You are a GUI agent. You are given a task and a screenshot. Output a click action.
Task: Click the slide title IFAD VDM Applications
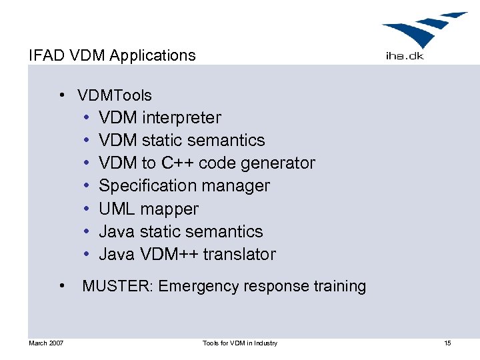coord(112,55)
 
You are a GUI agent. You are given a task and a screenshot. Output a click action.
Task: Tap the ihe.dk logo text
coord(404,56)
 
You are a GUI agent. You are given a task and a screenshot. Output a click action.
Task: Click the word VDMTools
coord(115,95)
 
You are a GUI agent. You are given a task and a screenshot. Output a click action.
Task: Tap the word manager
coord(239,186)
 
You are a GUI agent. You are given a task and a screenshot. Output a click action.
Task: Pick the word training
coord(339,286)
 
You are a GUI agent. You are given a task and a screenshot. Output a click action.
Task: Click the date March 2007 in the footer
coord(46,343)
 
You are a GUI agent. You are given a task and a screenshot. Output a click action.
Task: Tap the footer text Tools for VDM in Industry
coord(240,343)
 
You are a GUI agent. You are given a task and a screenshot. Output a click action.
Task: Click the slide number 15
coord(447,343)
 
